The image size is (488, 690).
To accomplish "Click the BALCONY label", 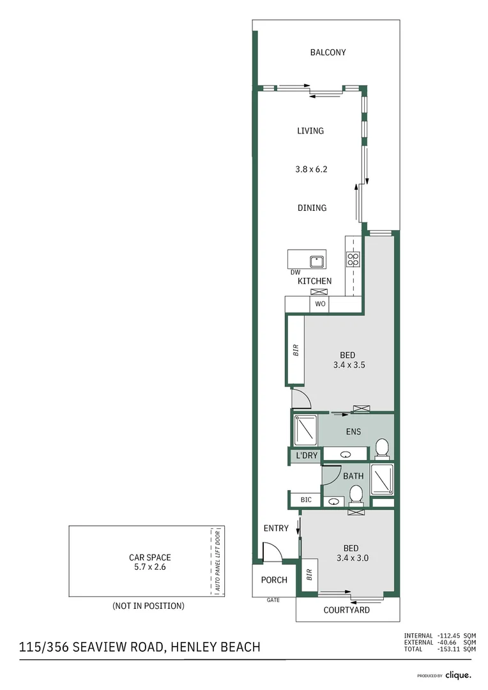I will pos(328,52).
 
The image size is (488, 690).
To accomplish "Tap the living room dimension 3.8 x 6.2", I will pos(311,169).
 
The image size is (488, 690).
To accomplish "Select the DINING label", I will pos(312,208).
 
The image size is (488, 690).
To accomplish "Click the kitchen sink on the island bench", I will pos(316,261).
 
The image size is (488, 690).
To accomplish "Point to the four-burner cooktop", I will pos(353,259).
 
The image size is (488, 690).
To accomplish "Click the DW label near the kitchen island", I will pos(295,273).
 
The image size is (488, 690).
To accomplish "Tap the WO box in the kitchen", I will pos(320,304).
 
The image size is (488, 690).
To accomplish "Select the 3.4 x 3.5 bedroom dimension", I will pos(348,365).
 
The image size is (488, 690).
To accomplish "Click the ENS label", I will pos(353,431).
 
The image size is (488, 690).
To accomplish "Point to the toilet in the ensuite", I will pos(382,448).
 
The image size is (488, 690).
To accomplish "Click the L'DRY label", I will pos(306,456).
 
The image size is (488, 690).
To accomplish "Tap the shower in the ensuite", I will pos(305,429).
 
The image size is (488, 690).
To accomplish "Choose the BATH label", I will pos(353,476).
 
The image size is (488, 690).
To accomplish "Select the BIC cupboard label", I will pos(306,500).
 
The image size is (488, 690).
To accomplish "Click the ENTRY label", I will pos(276,528).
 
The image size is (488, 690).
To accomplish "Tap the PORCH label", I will pos(274,580).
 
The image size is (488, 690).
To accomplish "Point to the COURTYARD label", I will pos(346,610).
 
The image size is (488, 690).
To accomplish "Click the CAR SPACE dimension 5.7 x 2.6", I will pos(149,567).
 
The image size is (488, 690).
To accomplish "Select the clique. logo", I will pos(458,675).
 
